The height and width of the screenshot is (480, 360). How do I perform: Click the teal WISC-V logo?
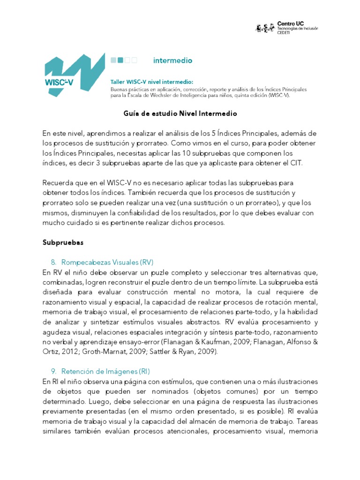pyautogui.click(x=74, y=75)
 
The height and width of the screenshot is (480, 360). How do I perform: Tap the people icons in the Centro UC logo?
pyautogui.click(x=265, y=29)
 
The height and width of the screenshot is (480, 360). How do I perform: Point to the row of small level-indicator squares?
pyautogui.click(x=124, y=60)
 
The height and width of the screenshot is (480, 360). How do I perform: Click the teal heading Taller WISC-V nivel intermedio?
pyautogui.click(x=151, y=82)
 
